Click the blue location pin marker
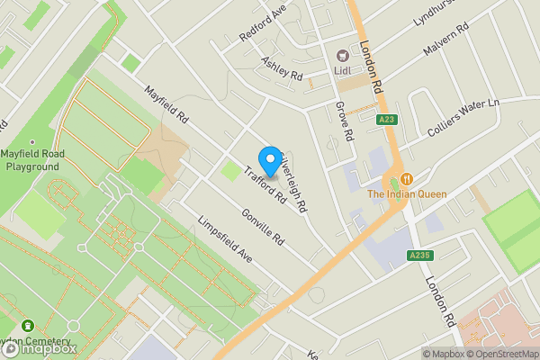[x=268, y=161]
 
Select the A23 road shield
[x=386, y=119]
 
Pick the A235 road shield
[x=419, y=256]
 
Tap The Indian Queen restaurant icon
[x=407, y=178]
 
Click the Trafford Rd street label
[x=264, y=184]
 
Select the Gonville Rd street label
[x=263, y=228]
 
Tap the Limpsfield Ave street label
[x=224, y=239]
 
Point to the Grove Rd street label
[x=344, y=121]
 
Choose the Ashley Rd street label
[x=282, y=69]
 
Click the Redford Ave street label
[x=261, y=26]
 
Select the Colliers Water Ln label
[x=464, y=117]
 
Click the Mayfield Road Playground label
[x=32, y=159]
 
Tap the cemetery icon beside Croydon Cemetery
[x=27, y=326]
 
